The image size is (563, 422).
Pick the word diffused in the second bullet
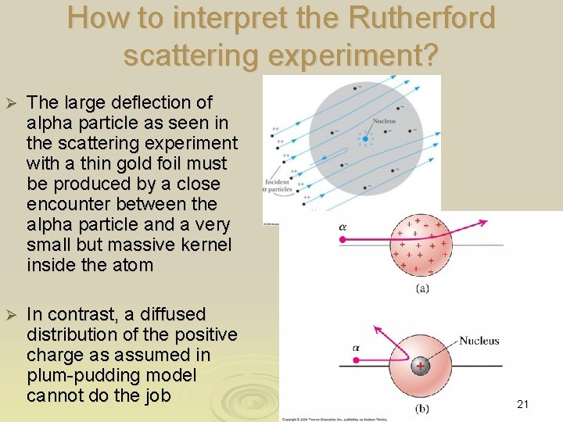[x=167, y=314]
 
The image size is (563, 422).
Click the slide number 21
[x=523, y=404]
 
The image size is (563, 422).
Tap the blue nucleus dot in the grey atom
[x=364, y=138]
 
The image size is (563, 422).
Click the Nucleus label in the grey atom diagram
[x=384, y=121]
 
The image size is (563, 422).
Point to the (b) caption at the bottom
[x=421, y=407]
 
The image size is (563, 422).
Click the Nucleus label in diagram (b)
[x=479, y=341]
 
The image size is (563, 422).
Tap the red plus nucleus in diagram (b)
[x=421, y=366]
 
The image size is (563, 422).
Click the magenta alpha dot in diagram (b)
[x=356, y=360]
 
